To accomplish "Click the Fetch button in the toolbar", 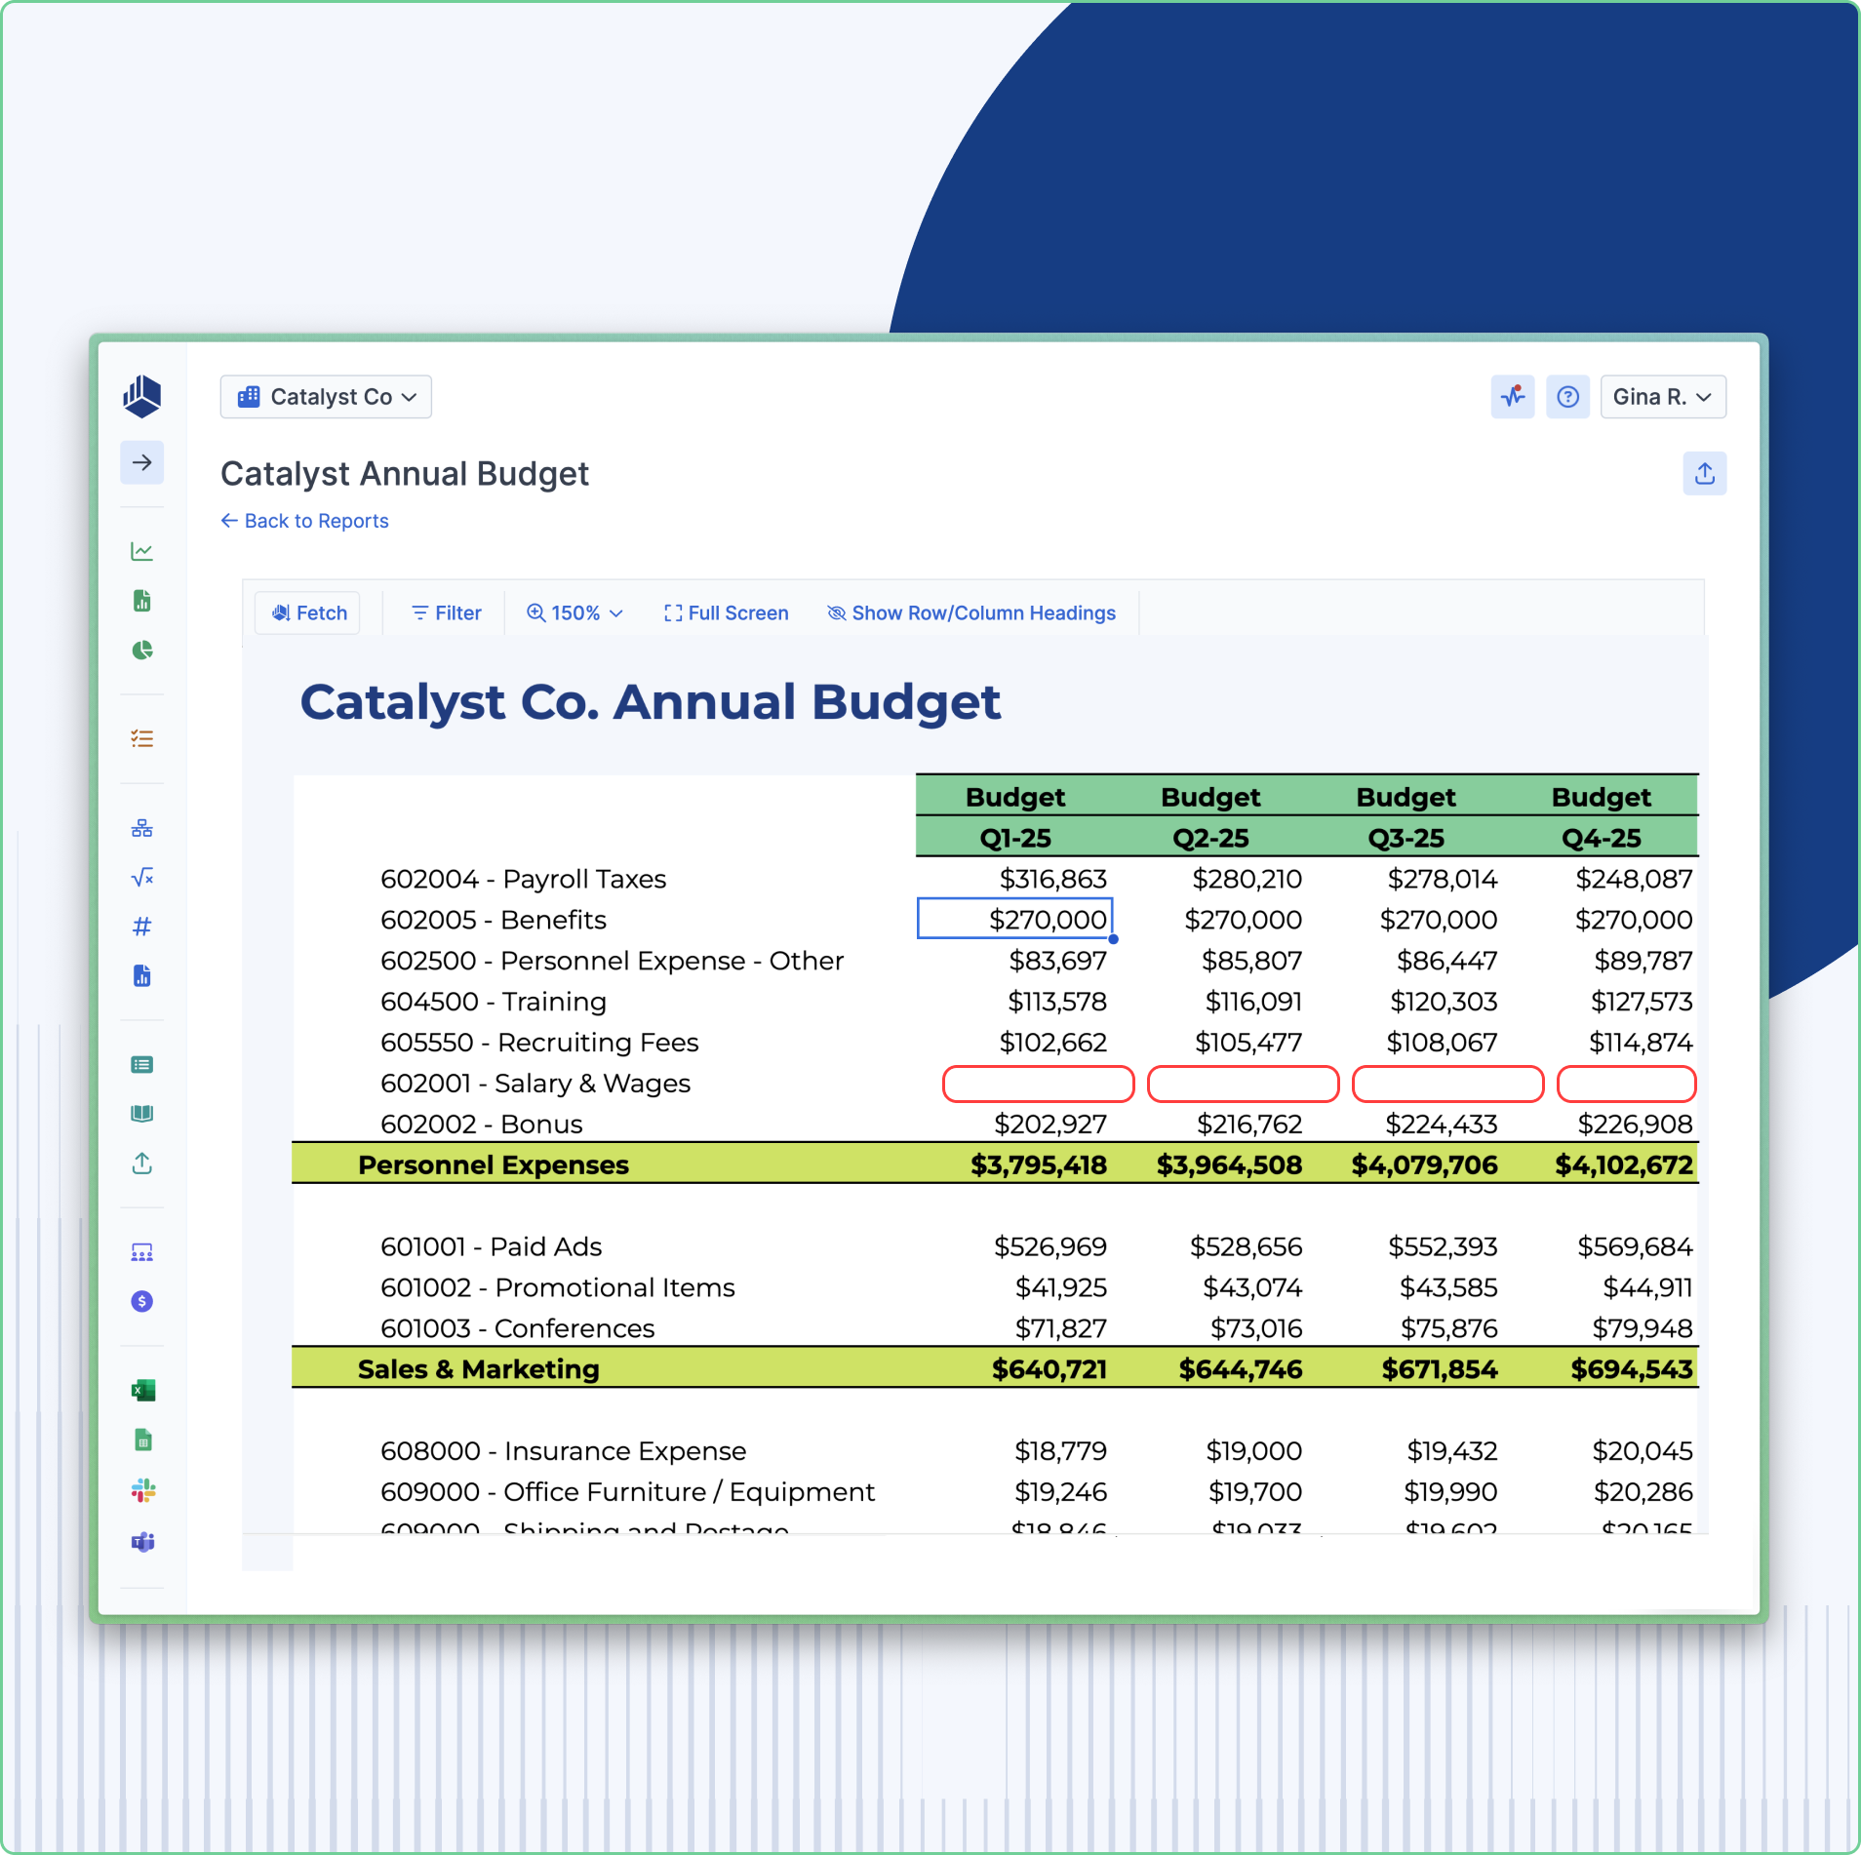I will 308,612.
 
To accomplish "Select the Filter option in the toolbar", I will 447,612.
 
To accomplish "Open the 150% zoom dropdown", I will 574,612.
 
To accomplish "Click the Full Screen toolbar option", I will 726,612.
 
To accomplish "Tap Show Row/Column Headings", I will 971,612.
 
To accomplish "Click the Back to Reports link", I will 305,521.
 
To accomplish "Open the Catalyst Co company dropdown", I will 327,397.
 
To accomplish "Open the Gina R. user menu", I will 1662,397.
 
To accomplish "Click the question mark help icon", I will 1567,397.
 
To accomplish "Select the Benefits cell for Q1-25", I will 1015,919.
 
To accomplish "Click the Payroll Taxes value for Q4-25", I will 1634,879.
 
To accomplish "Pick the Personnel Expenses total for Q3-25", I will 1424,1164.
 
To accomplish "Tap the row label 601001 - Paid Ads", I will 491,1246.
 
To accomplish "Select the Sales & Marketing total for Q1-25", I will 1049,1369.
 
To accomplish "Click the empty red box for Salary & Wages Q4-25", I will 1626,1084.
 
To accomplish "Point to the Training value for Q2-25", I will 1253,1002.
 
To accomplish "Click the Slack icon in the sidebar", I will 142,1490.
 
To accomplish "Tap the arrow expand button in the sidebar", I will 142,462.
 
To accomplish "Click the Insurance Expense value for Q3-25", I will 1451,1451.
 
